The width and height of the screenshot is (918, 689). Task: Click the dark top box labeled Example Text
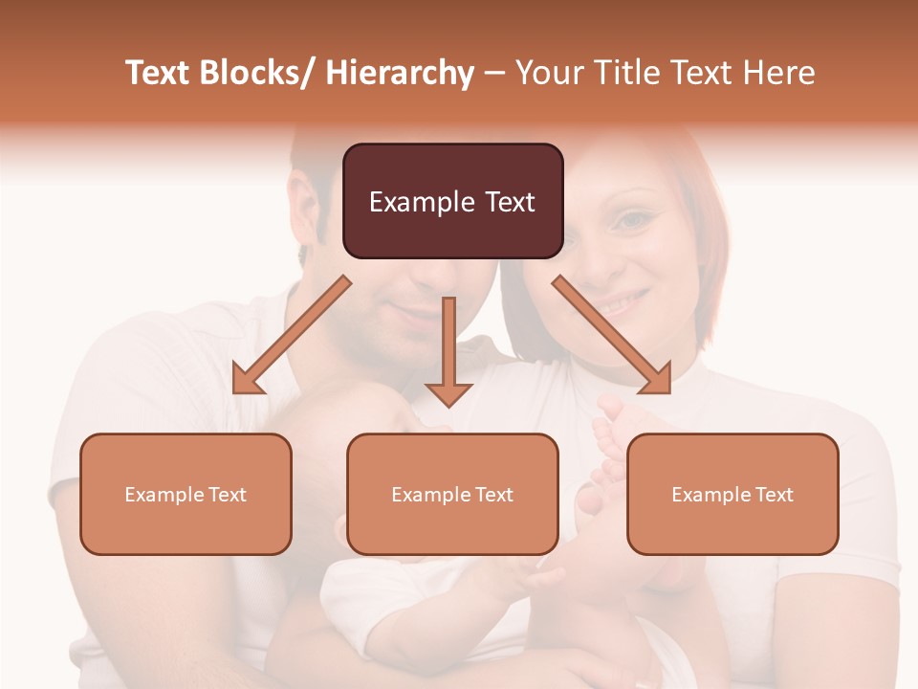(452, 201)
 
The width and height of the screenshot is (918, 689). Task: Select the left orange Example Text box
(186, 494)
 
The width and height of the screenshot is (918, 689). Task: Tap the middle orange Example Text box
(452, 494)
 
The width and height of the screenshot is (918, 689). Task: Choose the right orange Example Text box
(732, 494)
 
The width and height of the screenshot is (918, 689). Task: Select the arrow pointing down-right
(612, 335)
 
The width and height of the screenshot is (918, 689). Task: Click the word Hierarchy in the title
(400, 73)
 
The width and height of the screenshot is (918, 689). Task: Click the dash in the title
(494, 73)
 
